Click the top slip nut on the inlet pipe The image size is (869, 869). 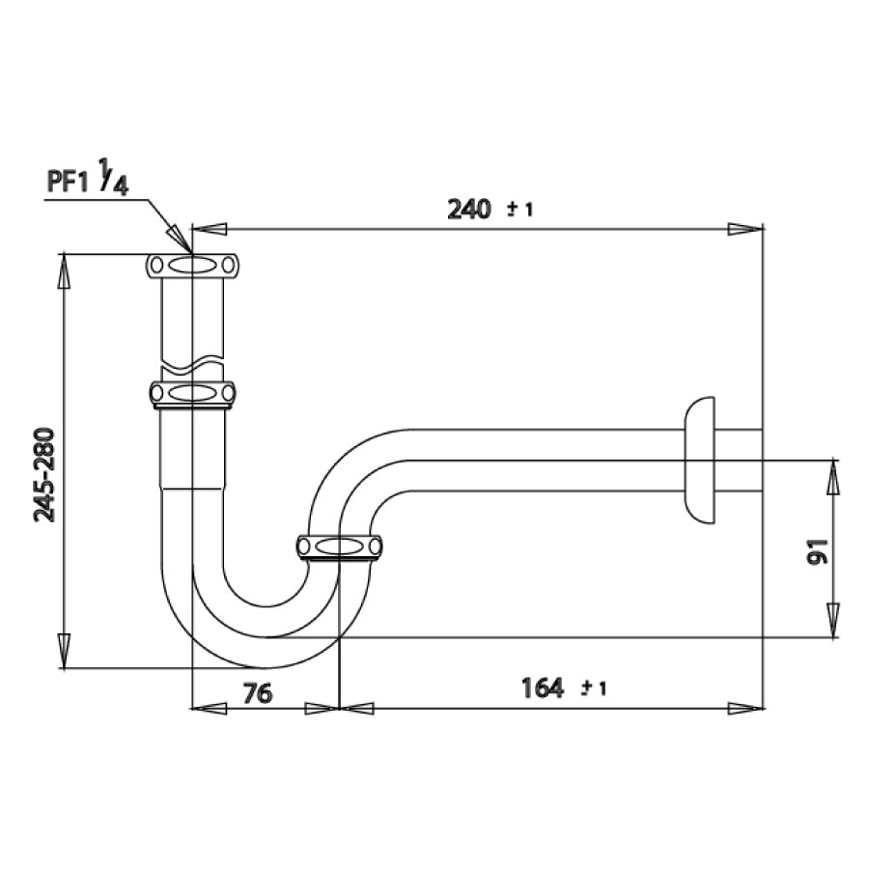pyautogui.click(x=193, y=265)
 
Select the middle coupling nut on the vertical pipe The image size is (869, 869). pyautogui.click(x=193, y=393)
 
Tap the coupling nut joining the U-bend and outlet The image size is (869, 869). pyautogui.click(x=339, y=547)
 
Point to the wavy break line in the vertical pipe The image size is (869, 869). pyautogui.click(x=193, y=366)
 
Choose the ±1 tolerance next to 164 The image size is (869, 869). pyautogui.click(x=593, y=688)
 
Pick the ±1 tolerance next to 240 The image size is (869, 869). pyautogui.click(x=519, y=210)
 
